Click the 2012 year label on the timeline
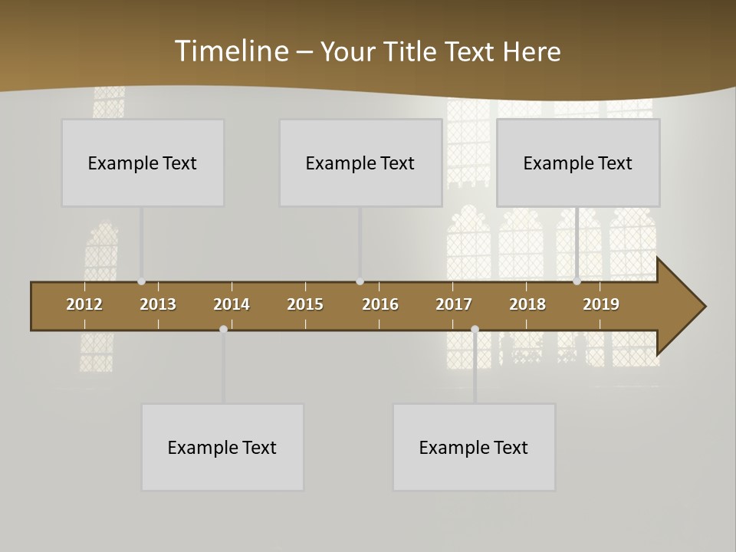[x=84, y=304]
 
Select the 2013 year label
[x=158, y=304]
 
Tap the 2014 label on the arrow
[x=232, y=304]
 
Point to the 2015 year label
[x=305, y=304]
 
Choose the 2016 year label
[x=380, y=304]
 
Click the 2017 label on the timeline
[x=454, y=304]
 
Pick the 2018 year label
[x=527, y=304]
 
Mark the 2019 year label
[x=601, y=304]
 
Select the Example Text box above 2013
[x=143, y=163]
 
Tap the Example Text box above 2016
[x=360, y=163]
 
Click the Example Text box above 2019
[x=578, y=163]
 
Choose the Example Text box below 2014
[x=222, y=447]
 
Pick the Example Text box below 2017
[x=474, y=447]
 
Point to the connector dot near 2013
[x=141, y=281]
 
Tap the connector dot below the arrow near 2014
[x=223, y=329]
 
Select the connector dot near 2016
[x=360, y=281]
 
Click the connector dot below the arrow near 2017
[x=475, y=329]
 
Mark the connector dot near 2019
[x=577, y=281]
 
